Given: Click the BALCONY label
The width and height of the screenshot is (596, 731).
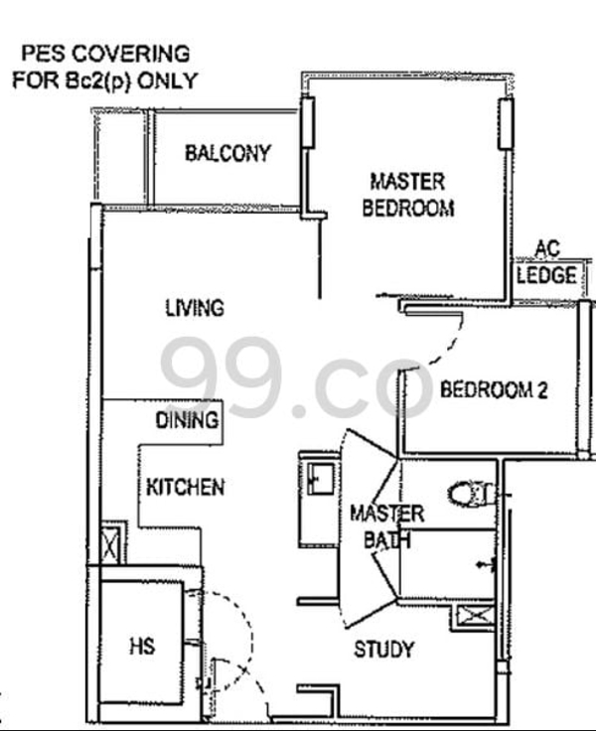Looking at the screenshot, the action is (227, 153).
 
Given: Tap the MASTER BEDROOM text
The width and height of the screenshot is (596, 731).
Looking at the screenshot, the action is (408, 195).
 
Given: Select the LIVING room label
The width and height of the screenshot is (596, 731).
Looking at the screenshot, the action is (195, 308).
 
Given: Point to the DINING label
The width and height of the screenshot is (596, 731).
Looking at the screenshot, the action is (187, 420).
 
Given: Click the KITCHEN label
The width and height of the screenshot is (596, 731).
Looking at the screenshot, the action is (186, 488).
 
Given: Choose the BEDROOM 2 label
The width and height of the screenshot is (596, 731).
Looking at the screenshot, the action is (494, 389).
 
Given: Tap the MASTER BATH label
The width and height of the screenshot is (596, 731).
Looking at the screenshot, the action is (387, 526).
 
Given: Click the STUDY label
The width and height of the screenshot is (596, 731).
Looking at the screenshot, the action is (384, 650).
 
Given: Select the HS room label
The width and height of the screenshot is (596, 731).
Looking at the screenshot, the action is (142, 647).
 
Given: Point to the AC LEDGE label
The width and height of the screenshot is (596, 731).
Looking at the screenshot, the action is (546, 262).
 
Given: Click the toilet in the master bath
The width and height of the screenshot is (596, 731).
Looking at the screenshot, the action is (472, 495).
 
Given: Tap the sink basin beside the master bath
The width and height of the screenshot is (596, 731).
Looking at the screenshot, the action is (321, 479).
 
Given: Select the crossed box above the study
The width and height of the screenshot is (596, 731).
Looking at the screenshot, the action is (475, 616).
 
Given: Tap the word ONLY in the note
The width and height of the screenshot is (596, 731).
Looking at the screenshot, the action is (168, 80).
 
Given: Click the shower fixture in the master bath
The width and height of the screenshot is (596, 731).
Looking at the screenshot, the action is (487, 564).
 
